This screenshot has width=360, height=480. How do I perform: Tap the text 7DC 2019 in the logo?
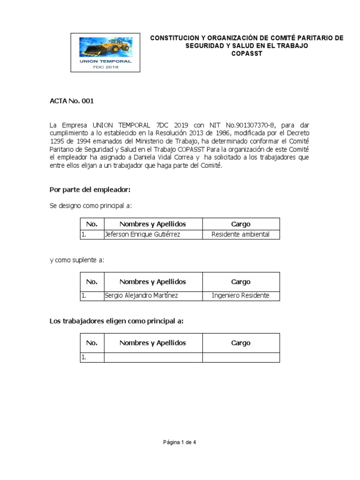(105, 67)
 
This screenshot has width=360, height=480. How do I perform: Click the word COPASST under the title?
(247, 53)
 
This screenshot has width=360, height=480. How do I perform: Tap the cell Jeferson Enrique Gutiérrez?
(142, 234)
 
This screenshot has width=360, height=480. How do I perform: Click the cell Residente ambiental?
(240, 234)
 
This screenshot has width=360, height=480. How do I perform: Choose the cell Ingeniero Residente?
(240, 296)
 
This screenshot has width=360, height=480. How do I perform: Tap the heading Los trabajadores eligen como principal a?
(116, 321)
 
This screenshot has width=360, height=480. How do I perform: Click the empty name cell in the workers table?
(153, 357)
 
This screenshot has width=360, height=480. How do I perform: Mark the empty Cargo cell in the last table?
(240, 357)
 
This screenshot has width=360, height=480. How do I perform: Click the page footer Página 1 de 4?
(180, 442)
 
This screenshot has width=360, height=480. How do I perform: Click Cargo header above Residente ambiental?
(240, 224)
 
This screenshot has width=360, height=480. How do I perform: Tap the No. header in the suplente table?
(92, 282)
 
